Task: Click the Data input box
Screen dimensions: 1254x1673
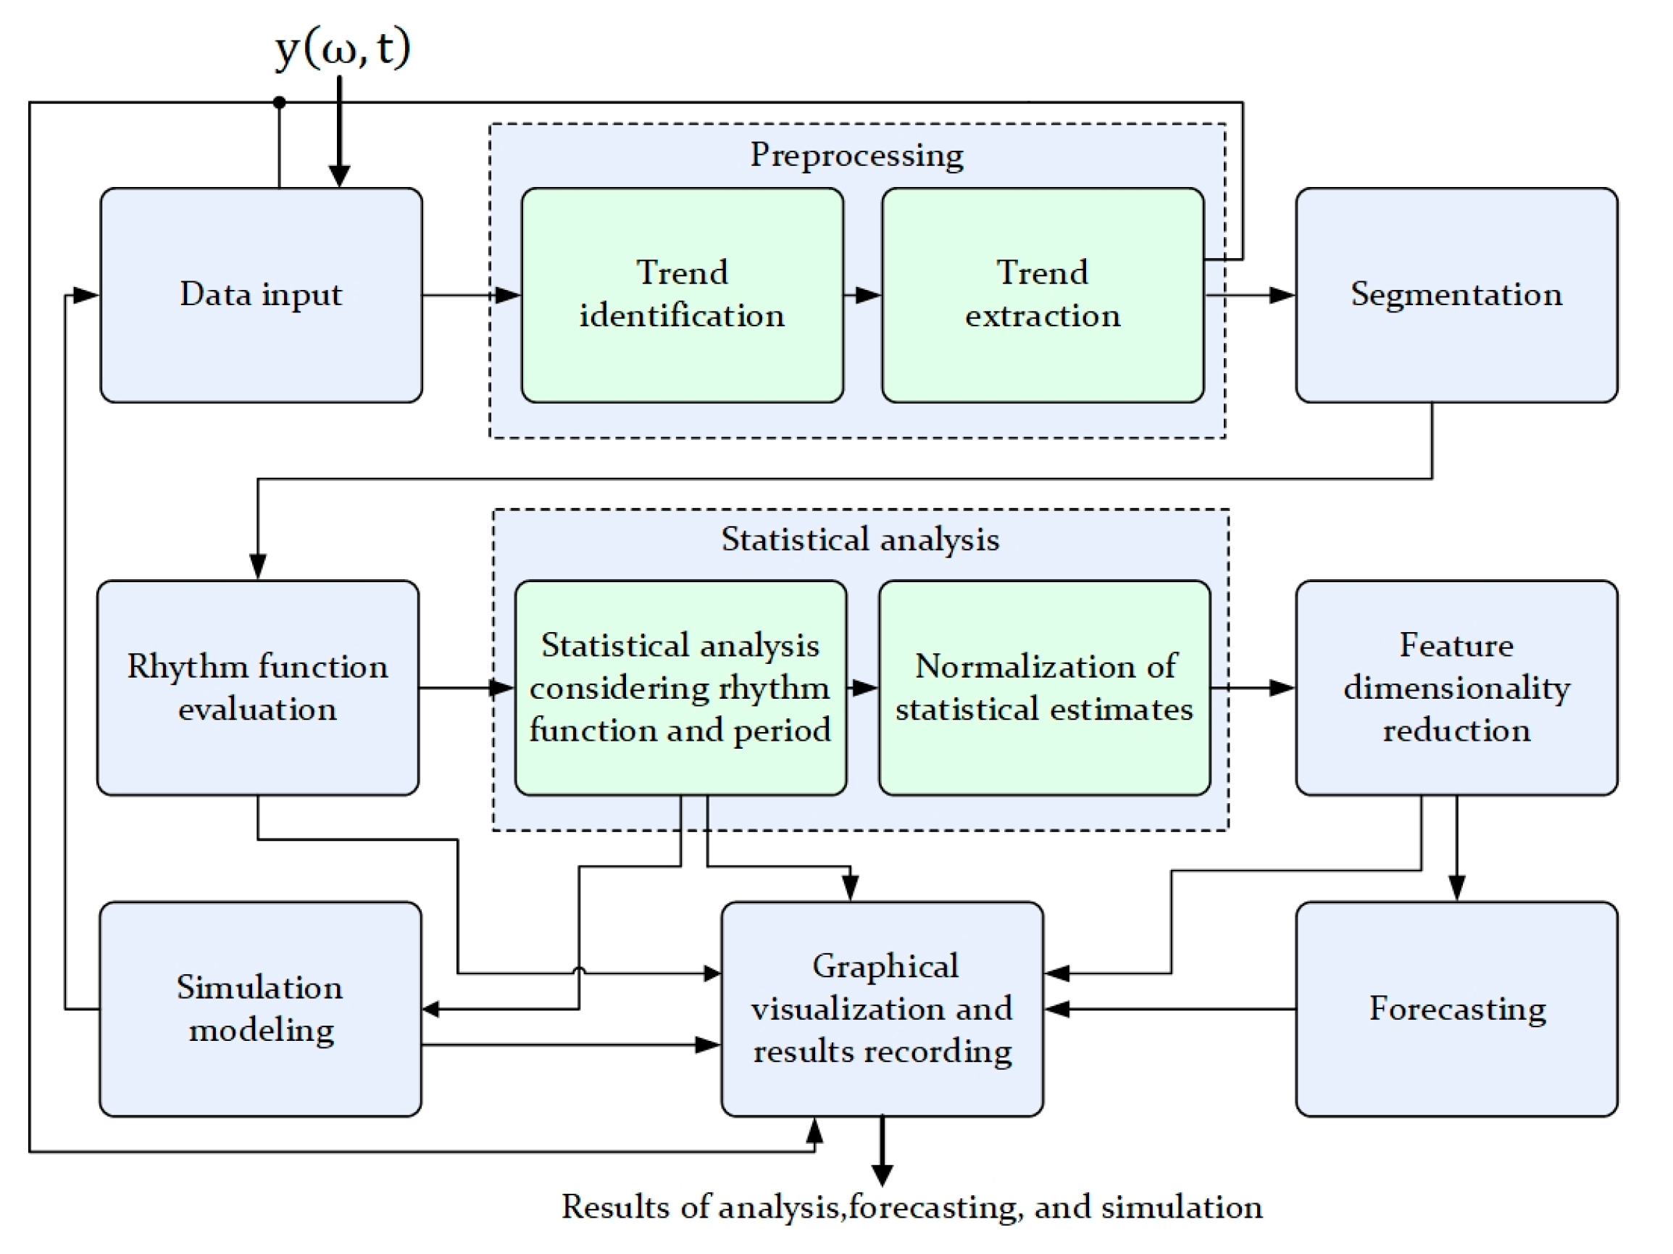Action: click(x=261, y=295)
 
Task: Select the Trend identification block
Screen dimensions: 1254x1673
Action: click(x=682, y=295)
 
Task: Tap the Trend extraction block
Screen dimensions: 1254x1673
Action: click(x=1042, y=295)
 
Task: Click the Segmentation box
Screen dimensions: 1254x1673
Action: click(x=1456, y=295)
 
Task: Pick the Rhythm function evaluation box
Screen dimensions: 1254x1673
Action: click(x=258, y=687)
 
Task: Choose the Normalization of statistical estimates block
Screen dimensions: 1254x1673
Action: click(x=1044, y=687)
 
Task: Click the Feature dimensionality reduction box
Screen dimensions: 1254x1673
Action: click(x=1456, y=687)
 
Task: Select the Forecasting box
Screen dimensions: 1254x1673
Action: click(x=1456, y=1009)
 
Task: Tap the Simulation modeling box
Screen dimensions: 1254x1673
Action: click(x=260, y=1009)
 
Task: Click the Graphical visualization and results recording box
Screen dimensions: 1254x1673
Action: click(x=882, y=1009)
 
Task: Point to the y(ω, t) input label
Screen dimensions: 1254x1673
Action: click(x=343, y=48)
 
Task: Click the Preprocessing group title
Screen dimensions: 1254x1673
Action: click(x=856, y=155)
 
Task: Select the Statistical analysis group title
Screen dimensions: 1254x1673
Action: click(x=860, y=539)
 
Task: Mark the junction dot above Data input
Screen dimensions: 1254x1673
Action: click(x=279, y=102)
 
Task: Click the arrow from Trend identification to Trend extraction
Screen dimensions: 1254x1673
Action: click(x=862, y=295)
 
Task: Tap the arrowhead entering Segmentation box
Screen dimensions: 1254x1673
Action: click(x=1281, y=295)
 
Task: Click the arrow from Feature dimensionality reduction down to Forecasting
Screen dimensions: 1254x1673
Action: click(x=1456, y=847)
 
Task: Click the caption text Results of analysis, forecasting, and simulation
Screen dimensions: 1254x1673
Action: click(x=911, y=1207)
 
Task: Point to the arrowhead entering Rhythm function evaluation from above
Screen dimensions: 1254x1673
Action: click(x=258, y=566)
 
